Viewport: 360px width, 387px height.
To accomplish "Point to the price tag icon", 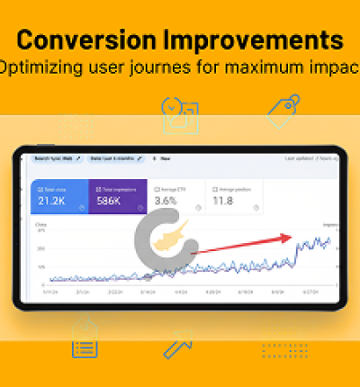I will click(283, 110).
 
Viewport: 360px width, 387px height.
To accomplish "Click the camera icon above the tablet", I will click(180, 114).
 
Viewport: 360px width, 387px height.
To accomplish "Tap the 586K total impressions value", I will click(112, 202).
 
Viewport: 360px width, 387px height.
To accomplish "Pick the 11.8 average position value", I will click(221, 202).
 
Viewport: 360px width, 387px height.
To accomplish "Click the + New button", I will click(163, 158).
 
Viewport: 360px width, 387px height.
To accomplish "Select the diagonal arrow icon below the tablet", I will click(177, 346).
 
